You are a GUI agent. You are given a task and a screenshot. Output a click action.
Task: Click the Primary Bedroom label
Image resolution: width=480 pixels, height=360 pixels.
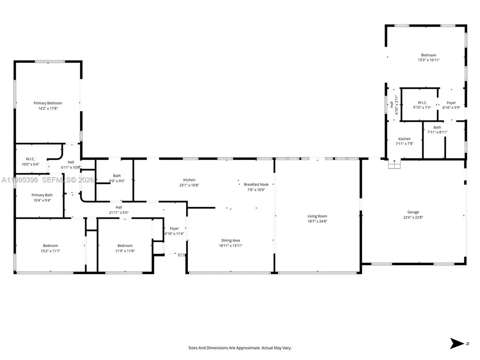tap(48, 103)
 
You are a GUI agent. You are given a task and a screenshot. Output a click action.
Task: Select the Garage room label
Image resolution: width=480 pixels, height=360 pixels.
tap(413, 212)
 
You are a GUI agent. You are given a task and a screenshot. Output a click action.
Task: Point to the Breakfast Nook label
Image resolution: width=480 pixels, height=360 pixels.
tap(255, 184)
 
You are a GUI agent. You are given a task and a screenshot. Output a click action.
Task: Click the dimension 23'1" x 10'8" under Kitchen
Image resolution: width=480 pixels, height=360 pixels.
tap(189, 186)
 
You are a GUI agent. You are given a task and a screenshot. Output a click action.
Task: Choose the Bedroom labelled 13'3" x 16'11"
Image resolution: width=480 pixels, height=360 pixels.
tap(429, 55)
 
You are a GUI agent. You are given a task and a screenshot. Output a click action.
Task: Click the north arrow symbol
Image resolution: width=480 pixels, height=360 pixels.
tap(457, 344)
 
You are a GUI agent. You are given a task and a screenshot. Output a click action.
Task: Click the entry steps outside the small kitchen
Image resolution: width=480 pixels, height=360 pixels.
tap(394, 165)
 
